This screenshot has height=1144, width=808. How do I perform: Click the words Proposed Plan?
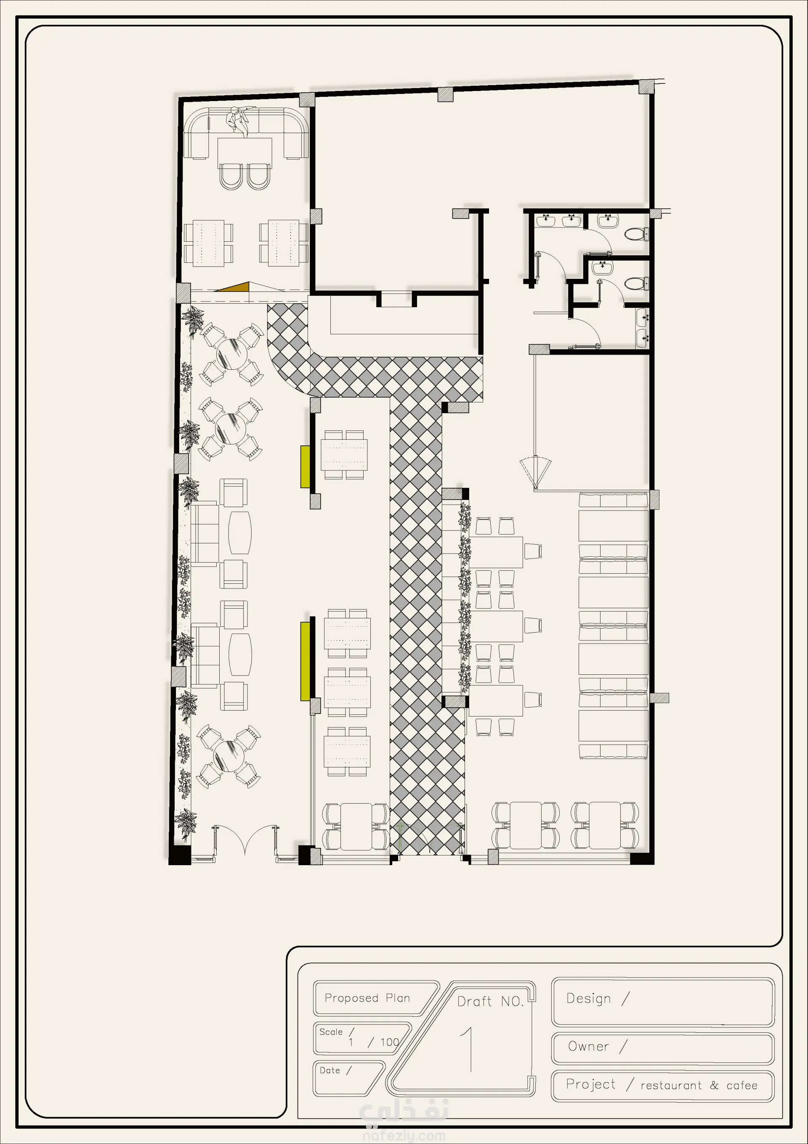(x=367, y=998)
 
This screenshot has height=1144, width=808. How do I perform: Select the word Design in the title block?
(x=588, y=999)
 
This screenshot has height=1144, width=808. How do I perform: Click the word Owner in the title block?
(x=588, y=1046)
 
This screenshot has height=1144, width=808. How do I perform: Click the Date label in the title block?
(x=330, y=1070)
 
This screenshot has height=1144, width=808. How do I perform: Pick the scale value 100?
(x=390, y=1042)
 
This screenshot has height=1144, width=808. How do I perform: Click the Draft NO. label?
(x=490, y=1002)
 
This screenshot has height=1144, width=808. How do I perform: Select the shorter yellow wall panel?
(x=305, y=467)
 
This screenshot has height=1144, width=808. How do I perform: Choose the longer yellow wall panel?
(x=305, y=661)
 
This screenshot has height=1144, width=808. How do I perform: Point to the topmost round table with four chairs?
(x=231, y=354)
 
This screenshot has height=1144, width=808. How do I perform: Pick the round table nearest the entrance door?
(x=229, y=756)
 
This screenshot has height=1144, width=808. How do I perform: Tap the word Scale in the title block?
(x=331, y=1032)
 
